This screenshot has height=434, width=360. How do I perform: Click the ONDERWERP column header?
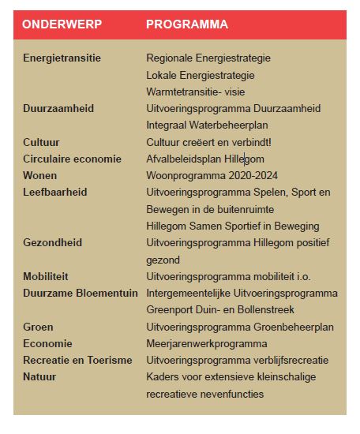tap(62, 24)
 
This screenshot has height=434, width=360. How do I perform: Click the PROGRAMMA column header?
tap(187, 24)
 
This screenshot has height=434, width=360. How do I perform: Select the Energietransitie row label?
tap(62, 58)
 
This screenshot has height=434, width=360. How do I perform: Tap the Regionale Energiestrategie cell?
tap(208, 58)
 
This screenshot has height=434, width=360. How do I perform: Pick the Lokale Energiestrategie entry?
tap(201, 75)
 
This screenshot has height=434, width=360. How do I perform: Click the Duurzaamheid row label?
tap(58, 108)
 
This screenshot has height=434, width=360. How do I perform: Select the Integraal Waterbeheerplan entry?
tap(208, 125)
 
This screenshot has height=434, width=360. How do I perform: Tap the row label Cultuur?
tap(43, 142)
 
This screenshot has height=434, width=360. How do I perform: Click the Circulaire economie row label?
tap(72, 159)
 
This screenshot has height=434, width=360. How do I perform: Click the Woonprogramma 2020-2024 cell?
tap(212, 175)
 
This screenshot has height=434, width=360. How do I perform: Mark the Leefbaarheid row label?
tap(54, 192)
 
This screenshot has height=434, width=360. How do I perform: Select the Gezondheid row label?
tap(52, 242)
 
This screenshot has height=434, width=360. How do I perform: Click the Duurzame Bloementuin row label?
tap(81, 293)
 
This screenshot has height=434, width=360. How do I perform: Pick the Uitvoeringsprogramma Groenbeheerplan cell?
tap(240, 327)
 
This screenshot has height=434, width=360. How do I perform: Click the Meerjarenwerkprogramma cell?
tap(207, 343)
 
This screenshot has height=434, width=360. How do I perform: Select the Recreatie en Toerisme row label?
tap(77, 360)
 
